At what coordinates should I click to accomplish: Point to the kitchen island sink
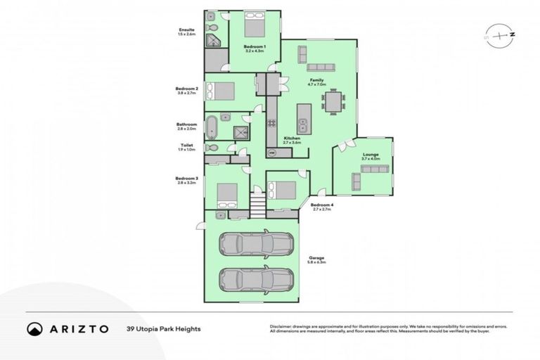click(303, 127)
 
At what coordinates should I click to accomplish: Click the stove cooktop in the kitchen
click(271, 127)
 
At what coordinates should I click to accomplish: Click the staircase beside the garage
click(258, 207)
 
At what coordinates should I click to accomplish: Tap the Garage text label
click(316, 258)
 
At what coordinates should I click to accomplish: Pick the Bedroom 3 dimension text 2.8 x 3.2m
click(187, 183)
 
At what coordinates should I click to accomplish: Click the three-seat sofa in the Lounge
click(356, 182)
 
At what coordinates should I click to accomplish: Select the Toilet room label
click(186, 145)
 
